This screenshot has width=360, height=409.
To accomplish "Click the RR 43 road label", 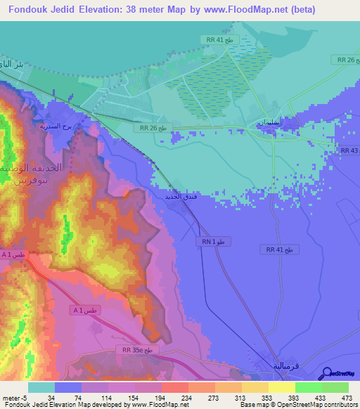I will pos(349,151).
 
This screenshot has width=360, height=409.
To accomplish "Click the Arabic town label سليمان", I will pos(271,123).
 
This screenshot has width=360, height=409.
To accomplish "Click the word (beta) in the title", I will pos(300,10).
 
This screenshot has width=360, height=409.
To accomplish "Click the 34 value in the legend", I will pos(41,397).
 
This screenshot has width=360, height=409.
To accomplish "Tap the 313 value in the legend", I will pos(232,397).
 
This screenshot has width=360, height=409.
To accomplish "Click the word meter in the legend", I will pos(11,397).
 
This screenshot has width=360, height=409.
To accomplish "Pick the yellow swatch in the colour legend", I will pos(281,387).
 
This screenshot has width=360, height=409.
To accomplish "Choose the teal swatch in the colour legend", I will pos(41,387).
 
